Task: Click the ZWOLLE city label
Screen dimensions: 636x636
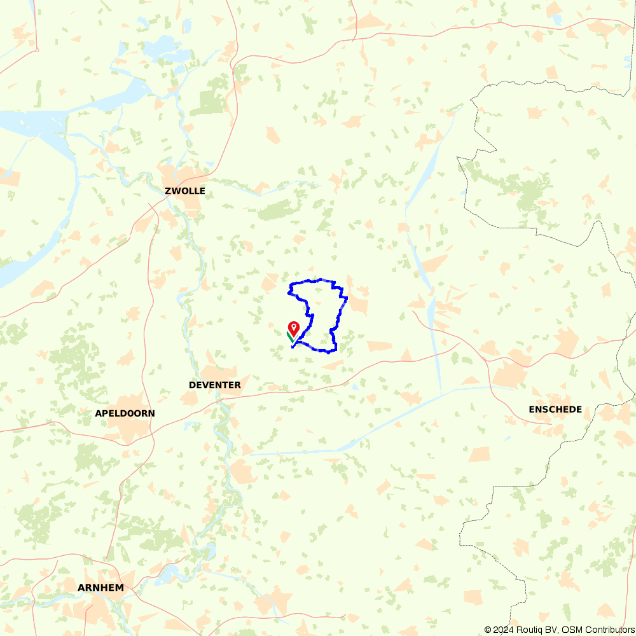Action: click(x=184, y=191)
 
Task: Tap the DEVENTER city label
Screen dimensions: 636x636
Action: click(x=214, y=385)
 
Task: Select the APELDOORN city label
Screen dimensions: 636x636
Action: click(x=125, y=413)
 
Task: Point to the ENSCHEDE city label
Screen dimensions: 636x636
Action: click(x=555, y=410)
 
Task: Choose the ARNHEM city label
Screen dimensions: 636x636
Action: click(x=100, y=588)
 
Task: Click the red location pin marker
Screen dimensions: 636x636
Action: click(x=294, y=328)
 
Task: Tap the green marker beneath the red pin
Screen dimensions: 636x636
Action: click(x=289, y=336)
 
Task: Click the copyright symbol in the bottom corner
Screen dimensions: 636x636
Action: click(x=488, y=630)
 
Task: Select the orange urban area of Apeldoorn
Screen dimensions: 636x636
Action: click(x=127, y=429)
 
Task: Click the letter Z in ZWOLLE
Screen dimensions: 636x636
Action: click(x=168, y=191)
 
